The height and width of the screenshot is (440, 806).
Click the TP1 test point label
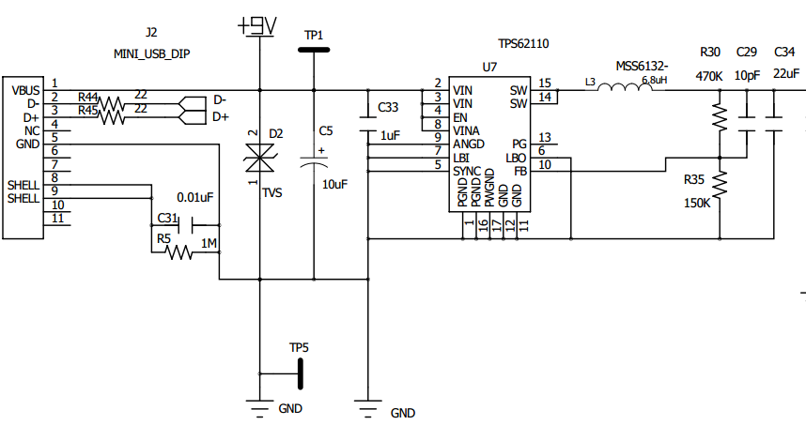point(314,35)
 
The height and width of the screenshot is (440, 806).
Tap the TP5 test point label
point(299,348)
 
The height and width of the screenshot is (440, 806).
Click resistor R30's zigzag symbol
point(720,116)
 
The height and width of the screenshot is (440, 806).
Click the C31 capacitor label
point(166,219)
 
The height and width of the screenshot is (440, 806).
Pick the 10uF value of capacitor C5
point(334,185)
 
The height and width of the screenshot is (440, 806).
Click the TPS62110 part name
point(524,44)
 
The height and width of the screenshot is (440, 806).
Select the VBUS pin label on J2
point(25,90)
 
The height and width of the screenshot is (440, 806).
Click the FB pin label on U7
point(519,171)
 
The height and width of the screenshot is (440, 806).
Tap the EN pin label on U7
point(460,117)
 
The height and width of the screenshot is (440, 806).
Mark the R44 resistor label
point(88,97)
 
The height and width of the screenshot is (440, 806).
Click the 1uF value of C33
point(390,135)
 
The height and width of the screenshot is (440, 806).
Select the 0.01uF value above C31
point(194,198)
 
